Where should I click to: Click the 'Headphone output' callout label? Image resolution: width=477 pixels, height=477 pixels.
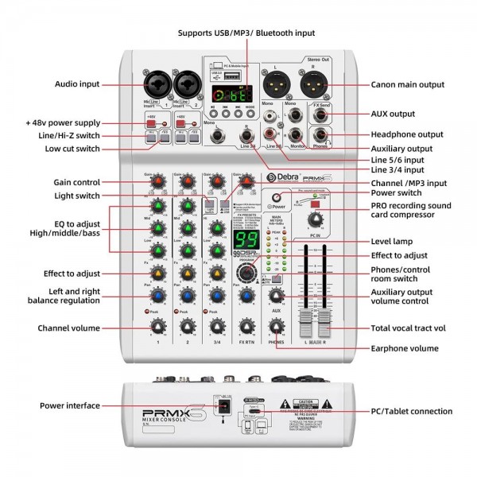(x=407, y=134)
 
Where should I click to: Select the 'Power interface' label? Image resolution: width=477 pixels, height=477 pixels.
(x=72, y=405)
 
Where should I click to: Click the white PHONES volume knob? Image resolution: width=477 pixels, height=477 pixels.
(x=276, y=326)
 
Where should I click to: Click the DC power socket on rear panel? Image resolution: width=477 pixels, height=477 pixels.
(x=224, y=407)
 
